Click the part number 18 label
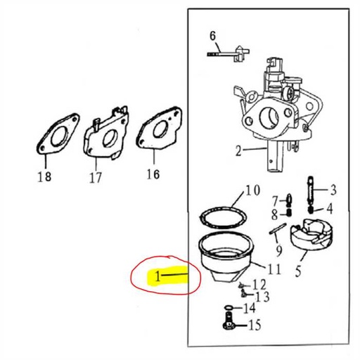click(44, 177)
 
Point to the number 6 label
click(213, 36)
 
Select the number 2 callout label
click(238, 150)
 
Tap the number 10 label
click(252, 191)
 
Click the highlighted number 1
click(159, 276)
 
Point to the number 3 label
click(333, 189)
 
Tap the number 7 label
click(276, 201)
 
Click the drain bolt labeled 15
click(229, 323)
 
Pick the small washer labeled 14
click(230, 308)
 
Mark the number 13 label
click(262, 297)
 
